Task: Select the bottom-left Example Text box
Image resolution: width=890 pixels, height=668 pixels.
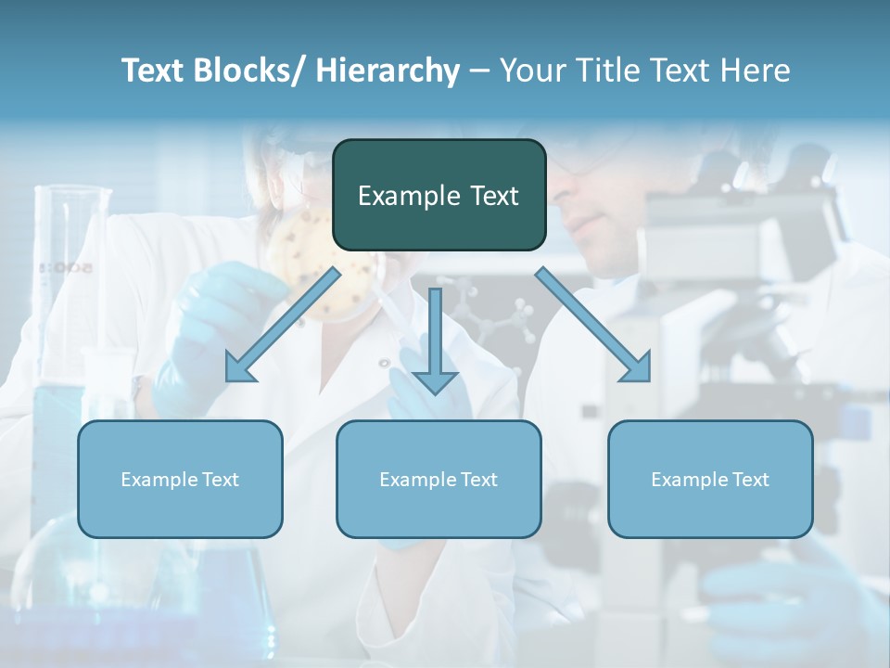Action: coord(180,479)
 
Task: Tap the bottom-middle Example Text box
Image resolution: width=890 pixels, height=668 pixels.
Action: coord(439,479)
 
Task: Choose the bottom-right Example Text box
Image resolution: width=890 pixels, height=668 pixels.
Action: coord(710,479)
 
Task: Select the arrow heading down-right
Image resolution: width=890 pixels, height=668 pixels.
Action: coord(593,325)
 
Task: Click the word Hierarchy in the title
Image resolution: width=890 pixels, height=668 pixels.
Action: coord(388,71)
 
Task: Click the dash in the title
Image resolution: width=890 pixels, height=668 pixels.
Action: coord(479,71)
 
